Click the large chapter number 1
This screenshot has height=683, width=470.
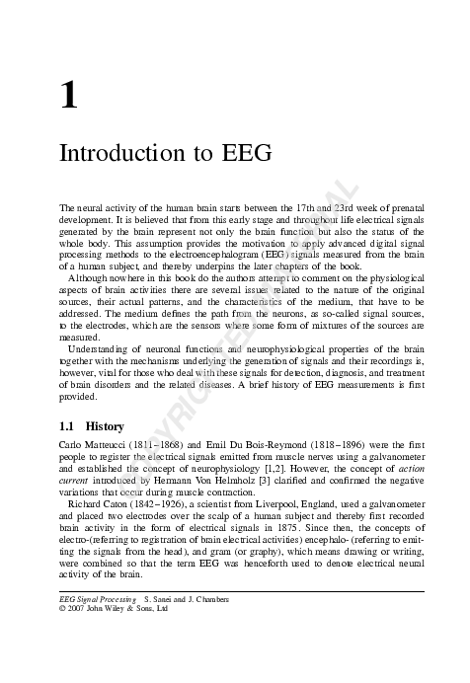pyautogui.click(x=69, y=96)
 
